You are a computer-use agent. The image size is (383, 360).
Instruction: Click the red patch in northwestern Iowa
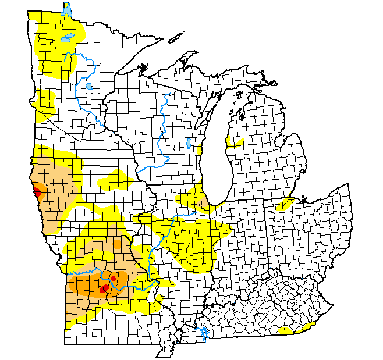pos(37,191)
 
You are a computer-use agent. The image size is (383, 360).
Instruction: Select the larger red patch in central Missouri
pos(105,288)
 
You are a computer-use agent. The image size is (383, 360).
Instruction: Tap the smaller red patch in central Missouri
pos(113,279)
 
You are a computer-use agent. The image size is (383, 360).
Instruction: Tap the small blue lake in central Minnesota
pos(88,87)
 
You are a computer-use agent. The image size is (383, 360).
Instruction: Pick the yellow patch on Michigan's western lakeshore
pos(236,142)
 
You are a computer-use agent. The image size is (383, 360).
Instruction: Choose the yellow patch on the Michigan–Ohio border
pos(287,204)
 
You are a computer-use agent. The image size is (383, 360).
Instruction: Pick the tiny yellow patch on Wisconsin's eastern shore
pos(200,150)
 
